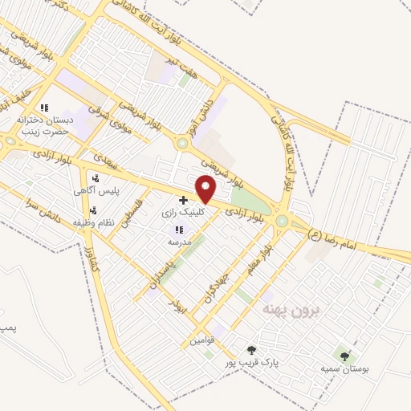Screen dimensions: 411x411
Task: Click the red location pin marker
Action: pyautogui.click(x=206, y=189)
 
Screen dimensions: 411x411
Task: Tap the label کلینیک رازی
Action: pyautogui.click(x=205, y=213)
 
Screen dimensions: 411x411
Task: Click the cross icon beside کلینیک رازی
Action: pyautogui.click(x=184, y=199)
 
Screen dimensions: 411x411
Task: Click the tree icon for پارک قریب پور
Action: pyautogui.click(x=252, y=350)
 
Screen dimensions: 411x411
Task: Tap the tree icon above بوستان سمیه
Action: pyautogui.click(x=345, y=356)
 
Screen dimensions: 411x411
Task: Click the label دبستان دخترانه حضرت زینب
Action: pyautogui.click(x=47, y=124)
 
